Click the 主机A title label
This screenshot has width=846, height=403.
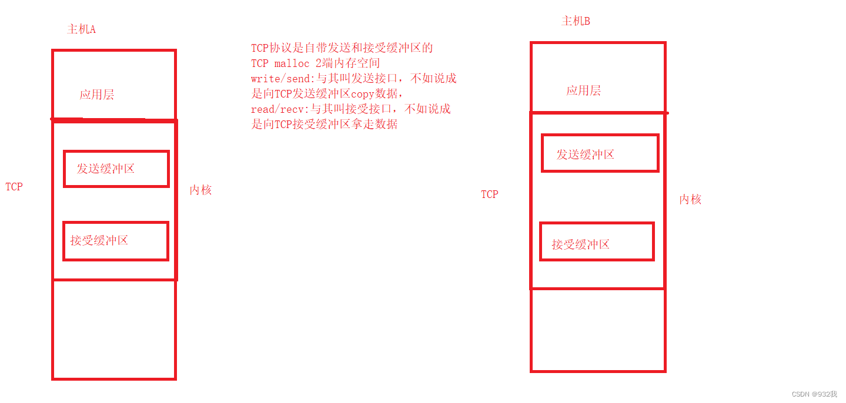click(82, 29)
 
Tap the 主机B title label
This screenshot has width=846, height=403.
click(576, 21)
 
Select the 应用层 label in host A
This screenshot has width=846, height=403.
click(97, 95)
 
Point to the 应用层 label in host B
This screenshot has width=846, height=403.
click(583, 90)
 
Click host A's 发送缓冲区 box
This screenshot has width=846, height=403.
click(116, 169)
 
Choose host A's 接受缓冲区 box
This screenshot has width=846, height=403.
click(116, 241)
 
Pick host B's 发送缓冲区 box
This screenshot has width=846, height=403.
click(600, 153)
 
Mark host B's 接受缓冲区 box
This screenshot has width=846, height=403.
click(597, 241)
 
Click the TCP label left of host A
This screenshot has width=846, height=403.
click(14, 187)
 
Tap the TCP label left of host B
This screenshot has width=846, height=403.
click(489, 194)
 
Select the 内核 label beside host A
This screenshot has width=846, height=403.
click(200, 190)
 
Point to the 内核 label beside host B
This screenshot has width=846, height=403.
click(690, 200)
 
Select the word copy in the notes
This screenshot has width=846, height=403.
click(362, 94)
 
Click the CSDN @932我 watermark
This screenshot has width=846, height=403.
click(814, 394)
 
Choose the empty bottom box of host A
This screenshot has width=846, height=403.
click(114, 329)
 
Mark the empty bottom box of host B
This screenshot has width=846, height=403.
click(598, 330)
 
